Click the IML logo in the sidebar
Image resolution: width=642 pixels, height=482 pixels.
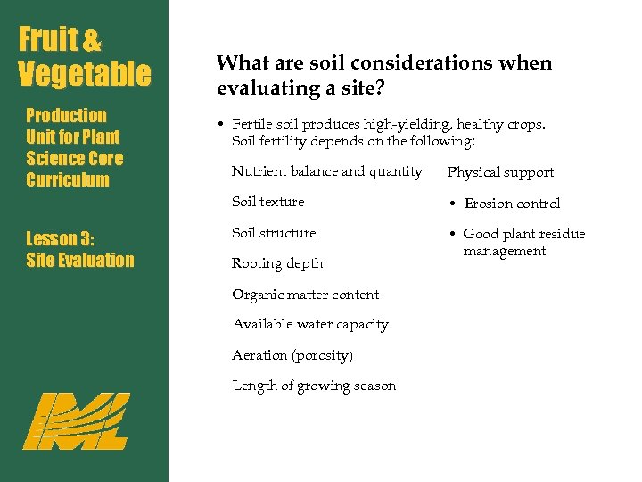click(x=76, y=420)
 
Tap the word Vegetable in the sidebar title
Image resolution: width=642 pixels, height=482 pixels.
click(x=85, y=73)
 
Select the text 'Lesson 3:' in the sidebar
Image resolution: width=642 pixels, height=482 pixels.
click(x=61, y=238)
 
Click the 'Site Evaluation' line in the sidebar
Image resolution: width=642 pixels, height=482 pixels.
click(x=79, y=261)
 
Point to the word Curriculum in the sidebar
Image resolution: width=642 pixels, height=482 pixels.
click(x=68, y=180)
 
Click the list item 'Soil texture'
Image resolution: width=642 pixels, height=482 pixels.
click(x=267, y=202)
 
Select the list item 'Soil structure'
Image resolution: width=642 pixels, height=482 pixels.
click(x=274, y=233)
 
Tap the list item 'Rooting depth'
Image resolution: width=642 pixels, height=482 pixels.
click(x=277, y=263)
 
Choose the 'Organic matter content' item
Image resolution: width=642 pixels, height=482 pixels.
click(x=305, y=295)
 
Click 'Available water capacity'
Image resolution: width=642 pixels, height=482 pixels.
click(x=310, y=324)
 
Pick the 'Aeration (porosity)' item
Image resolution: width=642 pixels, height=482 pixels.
click(x=292, y=355)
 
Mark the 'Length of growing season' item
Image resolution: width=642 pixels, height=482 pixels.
click(x=314, y=386)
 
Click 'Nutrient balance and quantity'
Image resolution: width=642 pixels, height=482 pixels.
click(x=326, y=171)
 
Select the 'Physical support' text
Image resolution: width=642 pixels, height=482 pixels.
click(x=500, y=172)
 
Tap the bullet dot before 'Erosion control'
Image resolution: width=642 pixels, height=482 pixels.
click(x=452, y=204)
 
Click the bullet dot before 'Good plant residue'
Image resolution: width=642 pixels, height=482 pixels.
click(x=452, y=235)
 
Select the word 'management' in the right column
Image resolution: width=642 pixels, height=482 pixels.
click(x=504, y=251)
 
